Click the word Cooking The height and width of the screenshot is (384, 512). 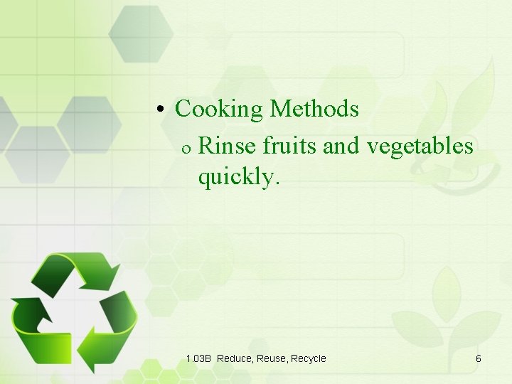click(x=219, y=110)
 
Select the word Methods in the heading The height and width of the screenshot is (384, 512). click(x=314, y=110)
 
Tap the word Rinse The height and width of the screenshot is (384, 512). click(x=228, y=146)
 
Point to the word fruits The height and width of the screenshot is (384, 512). click(x=289, y=146)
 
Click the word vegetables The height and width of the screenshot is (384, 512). click(x=420, y=146)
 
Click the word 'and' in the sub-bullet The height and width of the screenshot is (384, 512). click(x=342, y=146)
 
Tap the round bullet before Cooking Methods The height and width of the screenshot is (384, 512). click(x=161, y=110)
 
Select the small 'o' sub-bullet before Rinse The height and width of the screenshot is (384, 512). click(x=184, y=149)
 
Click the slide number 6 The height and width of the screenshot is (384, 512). click(x=479, y=358)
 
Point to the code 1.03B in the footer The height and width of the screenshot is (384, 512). click(x=198, y=358)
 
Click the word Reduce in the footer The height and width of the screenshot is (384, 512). click(x=234, y=358)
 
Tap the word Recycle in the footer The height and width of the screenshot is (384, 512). click(x=309, y=358)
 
